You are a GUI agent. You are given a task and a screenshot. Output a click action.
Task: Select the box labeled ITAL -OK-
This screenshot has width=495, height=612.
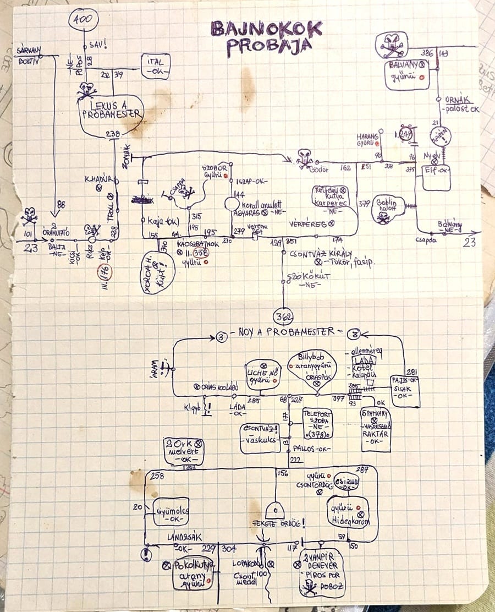(156, 66)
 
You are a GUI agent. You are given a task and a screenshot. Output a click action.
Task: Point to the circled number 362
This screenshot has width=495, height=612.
(284, 317)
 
